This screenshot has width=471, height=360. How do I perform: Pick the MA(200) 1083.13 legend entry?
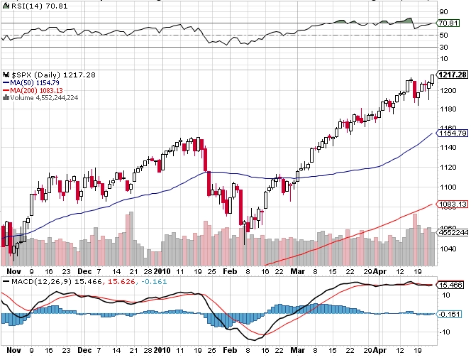37,90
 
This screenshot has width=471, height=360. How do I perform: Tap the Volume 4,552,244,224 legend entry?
44,98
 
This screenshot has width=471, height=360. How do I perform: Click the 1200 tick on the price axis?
447,90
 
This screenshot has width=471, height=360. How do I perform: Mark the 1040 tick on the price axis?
447,249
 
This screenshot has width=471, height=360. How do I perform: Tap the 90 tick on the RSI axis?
443,11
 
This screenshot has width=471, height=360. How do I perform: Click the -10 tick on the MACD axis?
444,332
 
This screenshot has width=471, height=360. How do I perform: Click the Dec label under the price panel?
84,271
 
